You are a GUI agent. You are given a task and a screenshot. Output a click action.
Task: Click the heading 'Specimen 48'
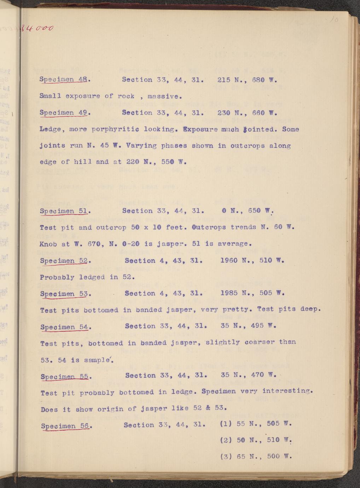[x=64, y=80]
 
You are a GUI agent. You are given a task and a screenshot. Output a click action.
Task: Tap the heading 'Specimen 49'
[x=64, y=113]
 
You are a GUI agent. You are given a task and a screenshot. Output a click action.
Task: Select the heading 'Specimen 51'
[x=64, y=211]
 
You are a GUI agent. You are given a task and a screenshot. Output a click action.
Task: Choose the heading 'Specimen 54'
[x=65, y=326]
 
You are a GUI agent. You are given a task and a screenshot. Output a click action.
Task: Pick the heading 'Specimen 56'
[x=66, y=426]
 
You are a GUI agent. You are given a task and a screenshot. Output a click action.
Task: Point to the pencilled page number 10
[x=334, y=21]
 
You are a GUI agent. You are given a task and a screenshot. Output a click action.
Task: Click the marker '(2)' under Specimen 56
[x=226, y=440]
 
